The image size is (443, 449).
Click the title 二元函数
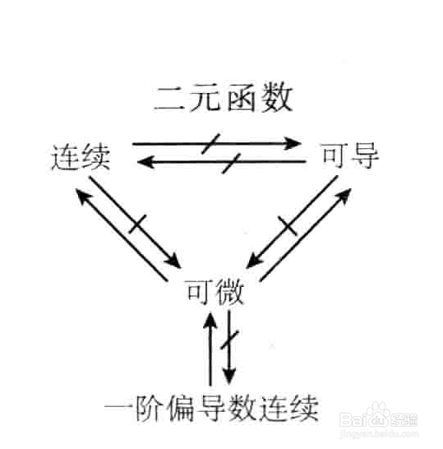[224, 97]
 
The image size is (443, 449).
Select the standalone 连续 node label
[81, 157]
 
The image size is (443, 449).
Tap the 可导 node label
[350, 155]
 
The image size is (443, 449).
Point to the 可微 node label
[215, 292]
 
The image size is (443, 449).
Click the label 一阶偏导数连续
[211, 408]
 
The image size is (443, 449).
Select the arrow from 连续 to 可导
[217, 143]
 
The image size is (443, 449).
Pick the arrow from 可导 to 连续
[222, 162]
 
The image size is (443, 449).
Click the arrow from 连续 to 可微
[135, 222]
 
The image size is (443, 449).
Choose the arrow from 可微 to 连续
[122, 234]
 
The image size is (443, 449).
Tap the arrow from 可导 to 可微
[292, 222]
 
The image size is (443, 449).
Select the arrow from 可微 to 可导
[306, 235]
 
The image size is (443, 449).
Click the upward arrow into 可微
[210, 349]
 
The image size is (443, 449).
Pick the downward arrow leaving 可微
[229, 347]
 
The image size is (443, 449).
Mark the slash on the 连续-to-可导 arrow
[210, 144]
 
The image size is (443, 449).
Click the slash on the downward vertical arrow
[230, 340]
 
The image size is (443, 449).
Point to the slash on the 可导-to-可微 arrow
[288, 226]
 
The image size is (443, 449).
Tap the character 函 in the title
[241, 97]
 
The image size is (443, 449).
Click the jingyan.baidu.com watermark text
[379, 434]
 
